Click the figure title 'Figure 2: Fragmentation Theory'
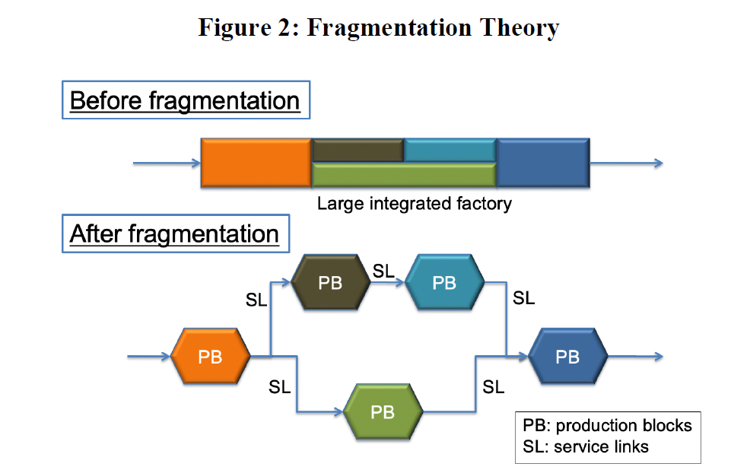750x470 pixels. point(378,28)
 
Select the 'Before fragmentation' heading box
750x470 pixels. point(185,100)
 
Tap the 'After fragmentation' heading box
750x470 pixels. point(174,233)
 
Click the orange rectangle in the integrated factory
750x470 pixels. point(256,163)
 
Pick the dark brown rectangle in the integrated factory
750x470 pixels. point(358,151)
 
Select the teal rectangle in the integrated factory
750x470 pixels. point(450,151)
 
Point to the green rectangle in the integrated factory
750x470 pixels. point(403,175)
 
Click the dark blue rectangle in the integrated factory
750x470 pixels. point(542,163)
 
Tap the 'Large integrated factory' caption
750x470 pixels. point(414,204)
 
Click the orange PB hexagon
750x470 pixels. point(210,356)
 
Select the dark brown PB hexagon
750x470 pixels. point(330,282)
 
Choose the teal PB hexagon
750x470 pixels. point(444,282)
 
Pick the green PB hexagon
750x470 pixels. point(383,411)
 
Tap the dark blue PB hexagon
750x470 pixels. point(567,356)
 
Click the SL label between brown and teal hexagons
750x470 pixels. point(383,271)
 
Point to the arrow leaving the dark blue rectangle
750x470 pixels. point(625,163)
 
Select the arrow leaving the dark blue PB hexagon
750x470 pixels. point(634,356)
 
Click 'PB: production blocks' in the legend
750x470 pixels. point(607,425)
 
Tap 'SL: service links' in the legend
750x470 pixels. point(586,446)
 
